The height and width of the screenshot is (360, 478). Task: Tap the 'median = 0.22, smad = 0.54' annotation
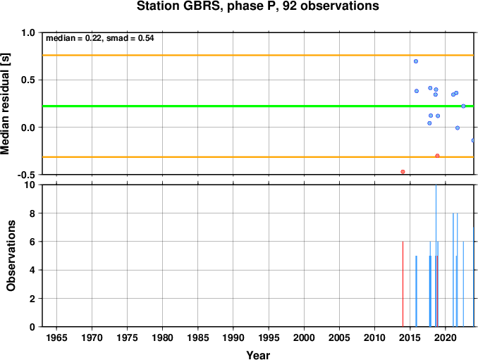pos(100,38)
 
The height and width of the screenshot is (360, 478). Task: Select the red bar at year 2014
pos(403,284)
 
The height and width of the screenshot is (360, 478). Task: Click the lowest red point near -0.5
pos(403,172)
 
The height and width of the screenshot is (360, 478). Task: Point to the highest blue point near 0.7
pos(416,61)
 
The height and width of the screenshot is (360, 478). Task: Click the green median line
pos(258,106)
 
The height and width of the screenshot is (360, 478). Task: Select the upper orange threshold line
pos(258,55)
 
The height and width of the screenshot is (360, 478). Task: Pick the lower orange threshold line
pos(258,157)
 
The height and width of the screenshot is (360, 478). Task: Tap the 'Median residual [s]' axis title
pos(5,104)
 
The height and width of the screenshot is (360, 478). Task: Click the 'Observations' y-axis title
pos(11,256)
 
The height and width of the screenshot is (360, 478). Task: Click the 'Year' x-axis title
pos(258,355)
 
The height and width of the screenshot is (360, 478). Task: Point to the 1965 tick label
pos(56,337)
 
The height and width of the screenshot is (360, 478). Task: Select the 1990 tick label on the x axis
pos(233,337)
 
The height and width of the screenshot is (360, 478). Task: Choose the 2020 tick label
pos(446,337)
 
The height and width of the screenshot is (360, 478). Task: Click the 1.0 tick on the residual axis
pos(28,32)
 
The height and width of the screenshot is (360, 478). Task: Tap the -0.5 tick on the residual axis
pos(26,175)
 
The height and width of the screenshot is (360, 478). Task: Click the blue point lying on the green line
pos(463,106)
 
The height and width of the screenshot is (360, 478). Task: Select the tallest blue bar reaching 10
pos(436,256)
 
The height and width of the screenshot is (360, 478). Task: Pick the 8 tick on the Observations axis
pos(32,213)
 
